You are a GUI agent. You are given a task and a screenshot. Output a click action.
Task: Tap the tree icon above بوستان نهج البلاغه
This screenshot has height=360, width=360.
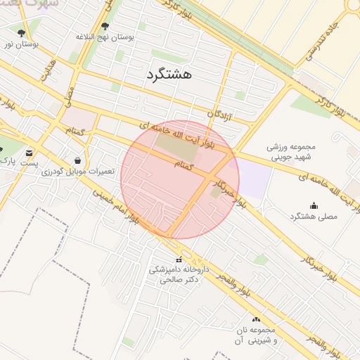(x=105, y=27)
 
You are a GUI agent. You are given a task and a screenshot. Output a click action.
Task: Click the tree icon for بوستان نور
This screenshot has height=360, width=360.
(x=21, y=33)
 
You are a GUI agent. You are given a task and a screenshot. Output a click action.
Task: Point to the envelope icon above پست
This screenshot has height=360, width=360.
(x=29, y=153)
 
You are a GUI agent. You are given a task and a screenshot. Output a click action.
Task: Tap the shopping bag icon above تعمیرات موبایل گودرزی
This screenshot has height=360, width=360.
(x=77, y=160)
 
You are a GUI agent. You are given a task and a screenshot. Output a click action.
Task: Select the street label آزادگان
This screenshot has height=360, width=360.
(x=220, y=113)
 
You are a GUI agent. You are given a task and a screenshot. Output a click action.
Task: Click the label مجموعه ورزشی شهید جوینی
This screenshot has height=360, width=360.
(x=292, y=153)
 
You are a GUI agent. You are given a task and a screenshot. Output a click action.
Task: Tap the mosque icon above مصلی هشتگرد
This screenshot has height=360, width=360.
(x=314, y=205)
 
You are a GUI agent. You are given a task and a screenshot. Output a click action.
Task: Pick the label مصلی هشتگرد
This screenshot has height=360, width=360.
(x=314, y=217)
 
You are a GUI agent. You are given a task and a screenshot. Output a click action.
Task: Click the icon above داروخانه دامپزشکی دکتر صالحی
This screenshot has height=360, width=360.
(x=167, y=259)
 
